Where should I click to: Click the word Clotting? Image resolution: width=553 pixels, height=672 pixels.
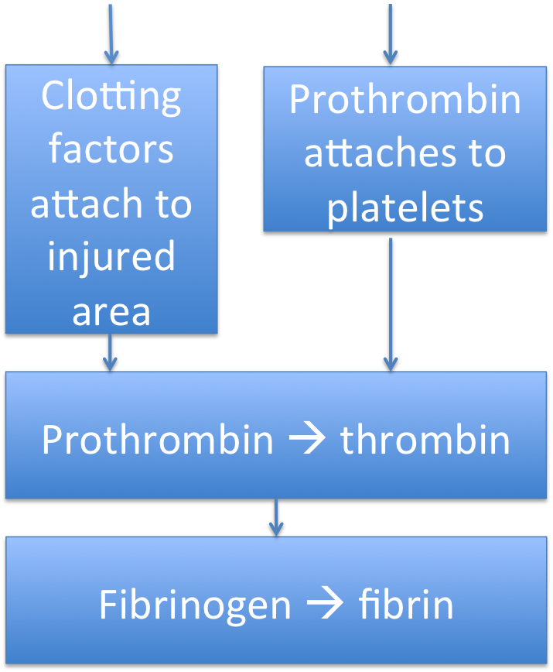pos(111,98)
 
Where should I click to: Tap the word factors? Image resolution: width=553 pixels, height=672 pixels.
pos(111,149)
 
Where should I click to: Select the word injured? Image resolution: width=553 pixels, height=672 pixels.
pos(111,258)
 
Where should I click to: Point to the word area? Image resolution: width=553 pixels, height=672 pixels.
pos(111,313)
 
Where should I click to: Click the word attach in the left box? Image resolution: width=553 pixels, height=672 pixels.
pos(87,203)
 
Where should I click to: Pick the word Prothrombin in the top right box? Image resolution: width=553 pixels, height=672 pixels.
pos(405,99)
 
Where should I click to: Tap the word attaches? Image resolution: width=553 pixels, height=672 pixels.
pos(381,153)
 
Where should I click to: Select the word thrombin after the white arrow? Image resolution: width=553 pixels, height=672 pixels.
pos(425,439)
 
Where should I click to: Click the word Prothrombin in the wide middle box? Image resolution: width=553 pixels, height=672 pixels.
pos(158,439)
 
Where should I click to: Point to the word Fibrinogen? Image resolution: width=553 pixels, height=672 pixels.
pos(195,605)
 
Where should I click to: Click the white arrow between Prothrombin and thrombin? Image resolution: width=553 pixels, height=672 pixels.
pos(307,440)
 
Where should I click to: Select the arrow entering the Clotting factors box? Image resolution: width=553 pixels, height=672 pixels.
pos(111,34)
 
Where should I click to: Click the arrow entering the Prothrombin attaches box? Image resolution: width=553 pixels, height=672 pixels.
pos(391,34)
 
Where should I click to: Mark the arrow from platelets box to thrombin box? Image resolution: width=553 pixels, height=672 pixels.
pos(391,305)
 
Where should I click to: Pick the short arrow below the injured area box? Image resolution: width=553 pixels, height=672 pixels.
pos(110,352)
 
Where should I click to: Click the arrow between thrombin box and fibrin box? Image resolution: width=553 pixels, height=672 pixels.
pos(276,518)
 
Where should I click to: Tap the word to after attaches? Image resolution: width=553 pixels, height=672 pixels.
pos(488,153)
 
